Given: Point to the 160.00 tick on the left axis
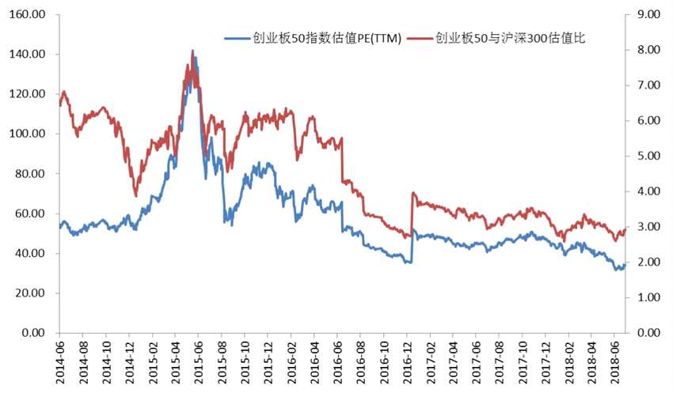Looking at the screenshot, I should (x=29, y=15).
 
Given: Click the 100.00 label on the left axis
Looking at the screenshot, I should (x=29, y=134).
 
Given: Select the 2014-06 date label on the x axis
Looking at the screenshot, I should (x=61, y=361).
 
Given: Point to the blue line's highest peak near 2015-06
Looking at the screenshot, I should (x=192, y=52).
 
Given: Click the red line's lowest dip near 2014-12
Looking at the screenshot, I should (x=135, y=195).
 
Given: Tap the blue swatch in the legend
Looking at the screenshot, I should (x=237, y=37).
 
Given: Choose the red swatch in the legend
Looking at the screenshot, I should (x=421, y=37).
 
